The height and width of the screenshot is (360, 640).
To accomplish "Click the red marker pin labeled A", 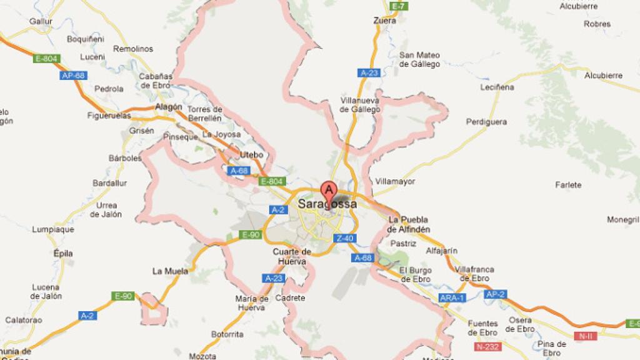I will coord(328,190).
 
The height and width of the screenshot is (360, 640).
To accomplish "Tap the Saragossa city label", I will coord(327,204).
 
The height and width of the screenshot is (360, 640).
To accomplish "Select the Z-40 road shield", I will coord(345,238).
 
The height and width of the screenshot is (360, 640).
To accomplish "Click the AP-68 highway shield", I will coord(74,76).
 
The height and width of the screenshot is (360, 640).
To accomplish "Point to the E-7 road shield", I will coord(397,6).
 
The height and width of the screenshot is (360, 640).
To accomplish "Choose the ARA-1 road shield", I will coord(452,297).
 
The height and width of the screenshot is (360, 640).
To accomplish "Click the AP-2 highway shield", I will coord(494,294).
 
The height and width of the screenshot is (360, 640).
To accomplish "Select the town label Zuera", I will coord(384,21).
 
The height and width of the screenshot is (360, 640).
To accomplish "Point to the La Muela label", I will coord(170,271).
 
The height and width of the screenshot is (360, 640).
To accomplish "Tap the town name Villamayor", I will coord(395,182).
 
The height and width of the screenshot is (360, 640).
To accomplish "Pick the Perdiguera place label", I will coord(486,122).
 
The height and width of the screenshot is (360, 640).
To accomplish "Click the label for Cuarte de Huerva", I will coord(292,256).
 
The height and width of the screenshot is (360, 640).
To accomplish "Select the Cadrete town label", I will coord(294,298).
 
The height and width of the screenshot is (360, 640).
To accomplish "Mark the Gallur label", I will coord(41,21).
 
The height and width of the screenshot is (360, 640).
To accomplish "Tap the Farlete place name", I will coord(568,184).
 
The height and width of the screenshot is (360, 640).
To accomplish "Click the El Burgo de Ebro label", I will coord(415,274).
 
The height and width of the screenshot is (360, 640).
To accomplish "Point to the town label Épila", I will coord(63,254).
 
